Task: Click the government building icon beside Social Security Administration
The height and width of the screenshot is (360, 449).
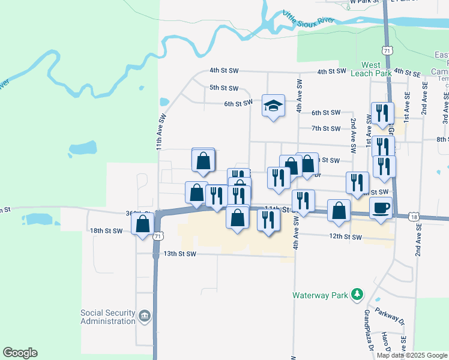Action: (x=144, y=316)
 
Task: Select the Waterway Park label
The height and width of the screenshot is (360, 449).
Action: (x=321, y=295)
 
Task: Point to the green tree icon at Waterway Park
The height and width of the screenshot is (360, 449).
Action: (x=357, y=294)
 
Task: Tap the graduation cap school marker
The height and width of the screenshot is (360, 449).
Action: (x=273, y=106)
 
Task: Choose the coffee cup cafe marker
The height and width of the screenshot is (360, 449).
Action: (x=381, y=208)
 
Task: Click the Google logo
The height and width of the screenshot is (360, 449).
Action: (x=20, y=353)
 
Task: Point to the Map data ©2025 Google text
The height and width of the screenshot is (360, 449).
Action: (x=412, y=355)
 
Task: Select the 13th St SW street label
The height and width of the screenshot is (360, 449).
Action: (x=180, y=254)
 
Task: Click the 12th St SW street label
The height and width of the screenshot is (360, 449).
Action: (x=345, y=237)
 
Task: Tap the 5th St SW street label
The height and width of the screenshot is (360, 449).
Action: (x=224, y=88)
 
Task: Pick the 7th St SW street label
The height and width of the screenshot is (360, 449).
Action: (x=326, y=128)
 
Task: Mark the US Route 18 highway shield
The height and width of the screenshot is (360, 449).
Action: (x=413, y=217)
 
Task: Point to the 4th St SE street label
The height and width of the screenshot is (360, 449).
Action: (x=407, y=73)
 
